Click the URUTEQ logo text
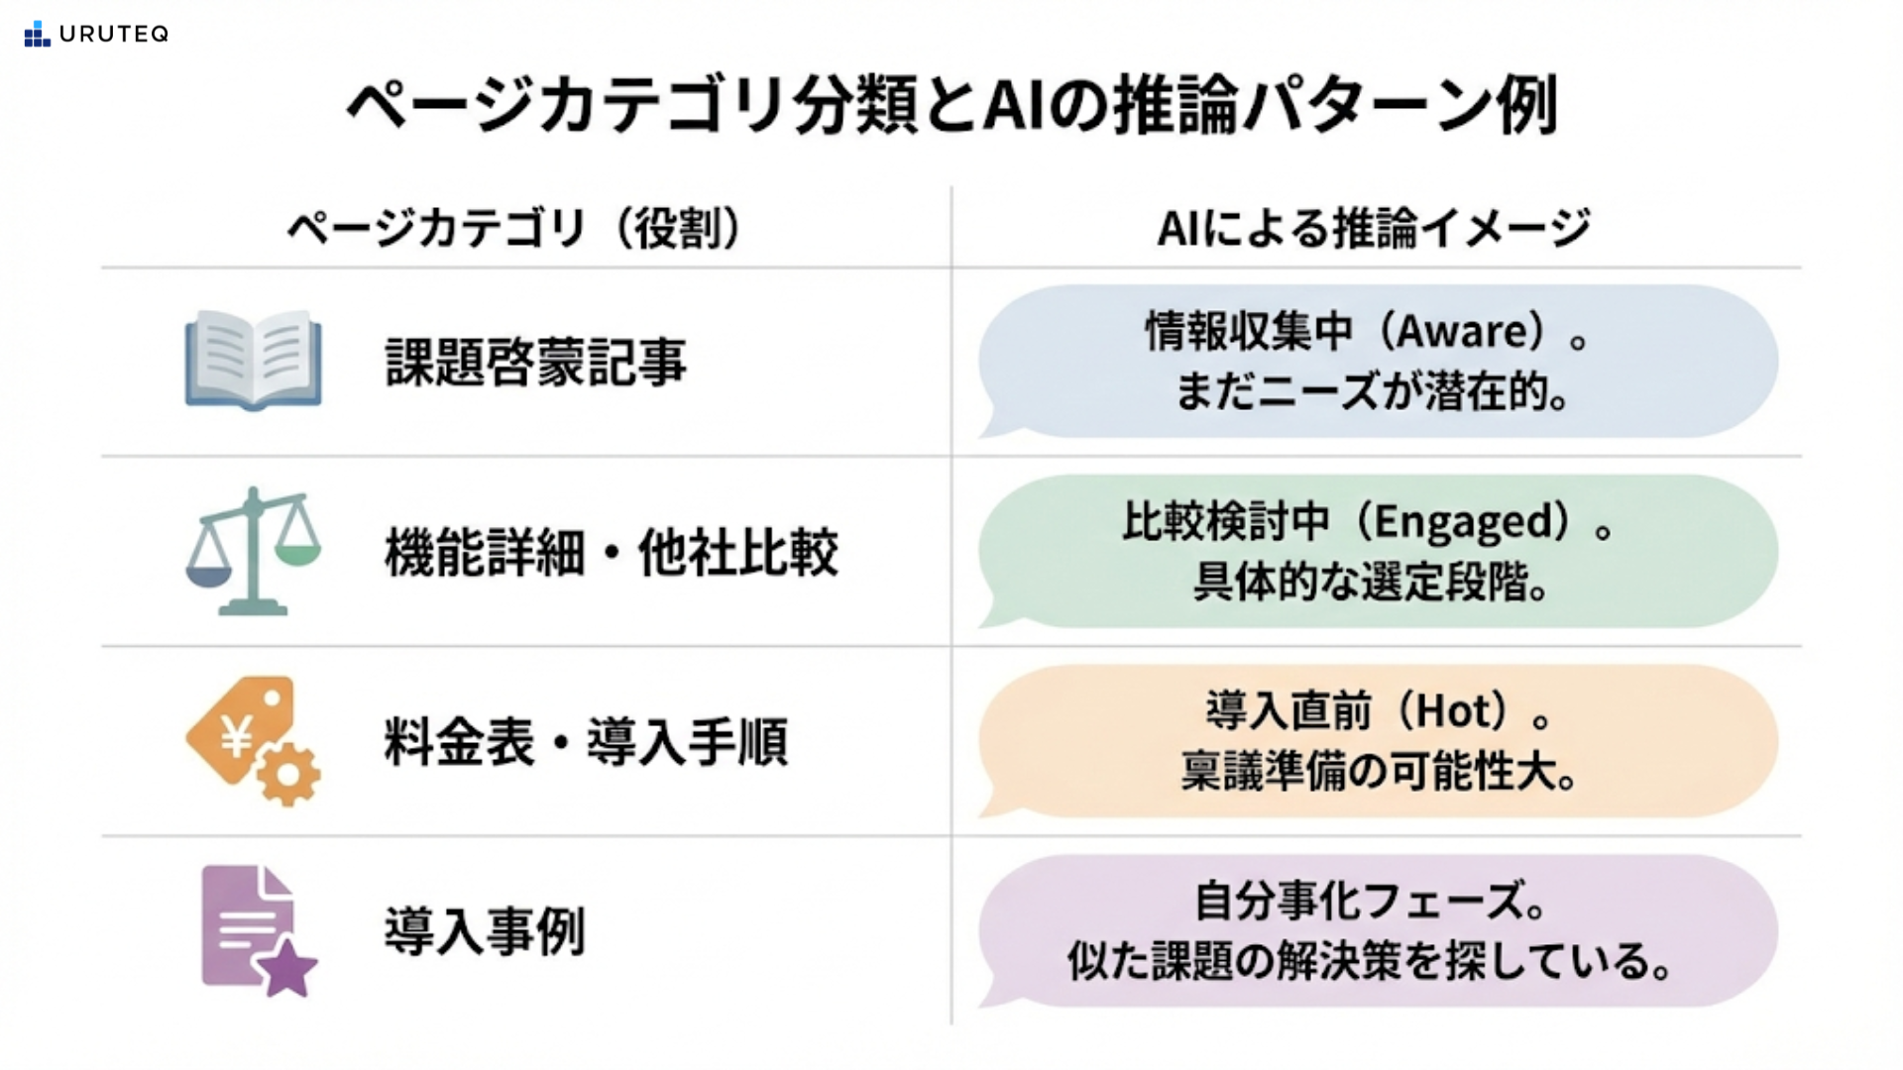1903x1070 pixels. [114, 34]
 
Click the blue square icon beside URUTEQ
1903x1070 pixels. [37, 34]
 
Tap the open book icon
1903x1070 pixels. [254, 360]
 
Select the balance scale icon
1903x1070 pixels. [254, 551]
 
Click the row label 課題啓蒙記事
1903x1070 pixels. [535, 362]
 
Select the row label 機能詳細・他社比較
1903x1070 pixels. [612, 552]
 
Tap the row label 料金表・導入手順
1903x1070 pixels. [586, 742]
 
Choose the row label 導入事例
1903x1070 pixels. [485, 931]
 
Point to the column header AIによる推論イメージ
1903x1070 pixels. [1375, 229]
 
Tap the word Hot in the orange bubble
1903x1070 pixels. [1453, 711]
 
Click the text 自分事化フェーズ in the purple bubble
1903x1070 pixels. [1360, 902]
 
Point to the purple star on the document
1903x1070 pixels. [288, 968]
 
